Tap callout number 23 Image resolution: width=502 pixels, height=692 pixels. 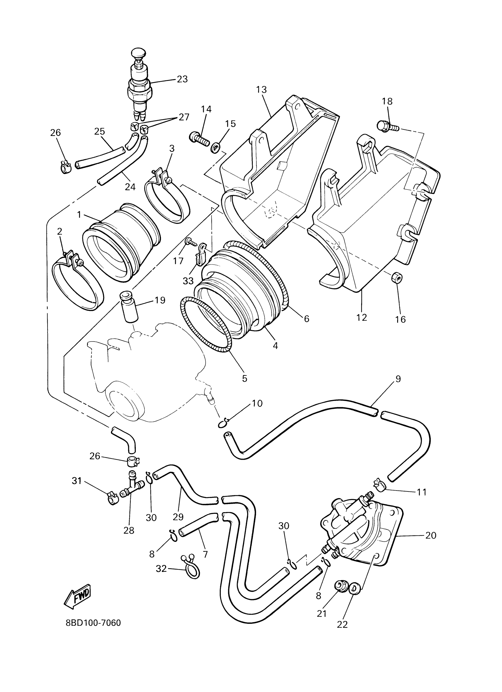point(182,79)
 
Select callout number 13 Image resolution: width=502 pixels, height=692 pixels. point(261,90)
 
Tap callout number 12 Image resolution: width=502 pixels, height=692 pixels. point(361,318)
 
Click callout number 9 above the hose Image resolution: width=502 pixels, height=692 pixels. point(398,379)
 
